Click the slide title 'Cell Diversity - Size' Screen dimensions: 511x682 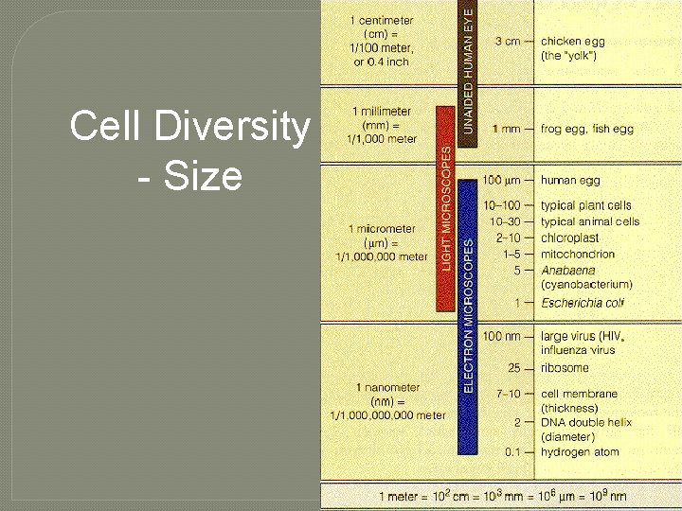click(189, 150)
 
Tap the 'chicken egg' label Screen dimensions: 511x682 click(572, 42)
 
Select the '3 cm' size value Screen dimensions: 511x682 click(508, 42)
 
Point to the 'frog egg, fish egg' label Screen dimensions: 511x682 click(586, 129)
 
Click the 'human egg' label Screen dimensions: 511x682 click(570, 180)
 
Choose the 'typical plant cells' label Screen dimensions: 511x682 click(585, 205)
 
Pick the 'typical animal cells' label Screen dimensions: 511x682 click(589, 221)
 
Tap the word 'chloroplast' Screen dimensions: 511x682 click(569, 238)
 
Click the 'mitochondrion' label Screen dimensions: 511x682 click(577, 254)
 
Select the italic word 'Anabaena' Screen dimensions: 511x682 click(566, 270)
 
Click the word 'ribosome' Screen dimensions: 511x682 click(565, 368)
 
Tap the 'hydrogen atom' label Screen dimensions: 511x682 click(580, 452)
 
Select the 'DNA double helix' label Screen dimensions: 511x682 click(586, 422)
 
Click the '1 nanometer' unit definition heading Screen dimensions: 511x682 click(387, 387)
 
